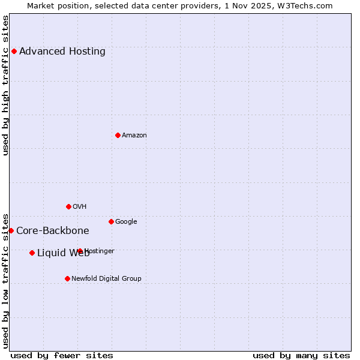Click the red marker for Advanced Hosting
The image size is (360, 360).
coord(14,51)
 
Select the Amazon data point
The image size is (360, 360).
coord(118,135)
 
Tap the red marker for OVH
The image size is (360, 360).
coord(68,206)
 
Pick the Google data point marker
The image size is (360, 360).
coord(111,221)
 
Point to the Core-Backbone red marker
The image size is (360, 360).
coord(11,230)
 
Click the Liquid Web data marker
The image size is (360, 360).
coord(32,253)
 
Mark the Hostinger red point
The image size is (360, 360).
coord(80,251)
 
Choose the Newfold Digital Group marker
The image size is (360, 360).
coord(67,278)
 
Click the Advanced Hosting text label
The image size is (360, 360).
coord(62,51)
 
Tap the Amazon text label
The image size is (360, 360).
coord(134,135)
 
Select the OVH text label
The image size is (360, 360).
coord(79,206)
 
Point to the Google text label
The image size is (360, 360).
coord(126,221)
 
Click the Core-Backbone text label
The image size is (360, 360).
coord(52,230)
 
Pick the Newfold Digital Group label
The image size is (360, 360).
coord(106,278)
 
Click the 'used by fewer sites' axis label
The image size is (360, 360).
coord(62,355)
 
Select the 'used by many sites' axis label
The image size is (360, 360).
coord(301,355)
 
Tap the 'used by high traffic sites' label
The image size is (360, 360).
coord(5,85)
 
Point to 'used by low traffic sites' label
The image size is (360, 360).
coord(5,281)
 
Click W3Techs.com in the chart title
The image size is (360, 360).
coord(309,5)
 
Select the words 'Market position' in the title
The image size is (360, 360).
coord(55,5)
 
